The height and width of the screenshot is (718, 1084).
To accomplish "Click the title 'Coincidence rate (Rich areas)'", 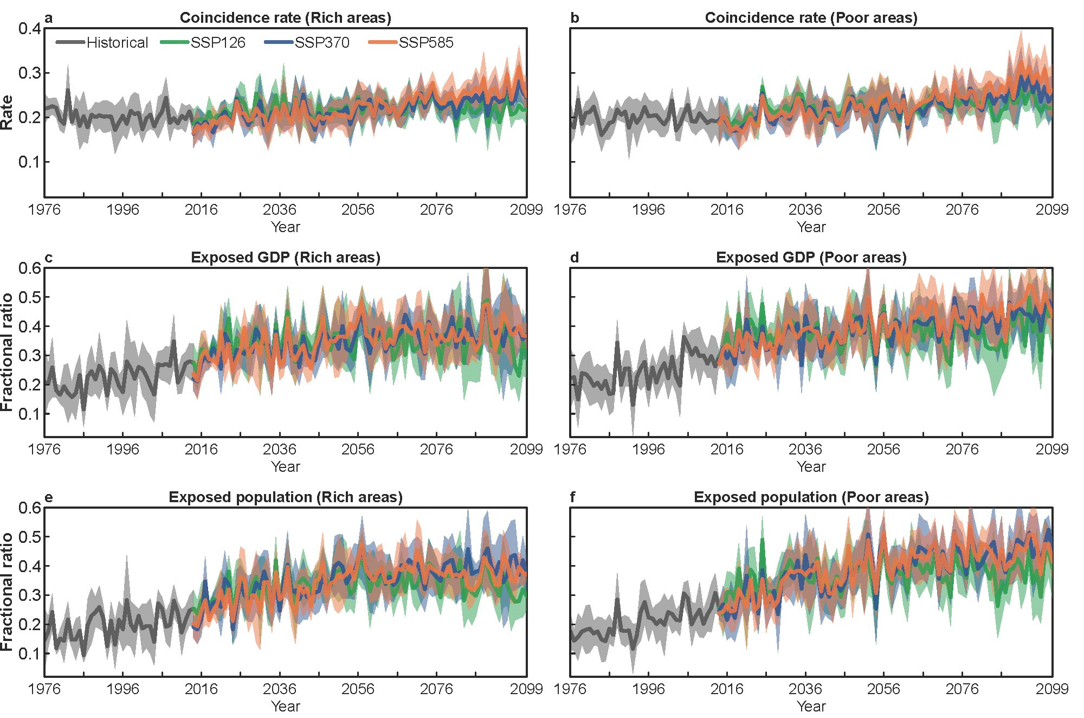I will [285, 18].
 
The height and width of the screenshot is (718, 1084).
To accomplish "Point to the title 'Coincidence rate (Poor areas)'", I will [811, 18].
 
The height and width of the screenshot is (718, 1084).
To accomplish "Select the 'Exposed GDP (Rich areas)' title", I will [285, 258].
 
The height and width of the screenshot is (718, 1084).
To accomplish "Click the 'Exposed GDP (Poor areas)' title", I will [811, 258].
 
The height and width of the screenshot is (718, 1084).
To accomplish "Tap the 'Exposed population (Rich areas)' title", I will [285, 497].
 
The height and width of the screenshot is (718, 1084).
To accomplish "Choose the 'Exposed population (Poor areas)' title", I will [811, 497].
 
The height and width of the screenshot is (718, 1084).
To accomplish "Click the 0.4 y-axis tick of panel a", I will [30, 29].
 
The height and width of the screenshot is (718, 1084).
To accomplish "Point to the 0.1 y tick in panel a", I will [30, 162].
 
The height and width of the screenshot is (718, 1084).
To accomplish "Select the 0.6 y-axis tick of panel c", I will [30, 268].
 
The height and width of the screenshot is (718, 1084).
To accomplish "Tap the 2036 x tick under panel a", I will [279, 210].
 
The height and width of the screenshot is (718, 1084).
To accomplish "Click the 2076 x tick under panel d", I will [962, 450].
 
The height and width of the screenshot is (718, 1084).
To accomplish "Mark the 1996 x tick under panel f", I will [648, 689].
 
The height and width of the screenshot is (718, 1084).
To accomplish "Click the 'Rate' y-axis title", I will [7, 112].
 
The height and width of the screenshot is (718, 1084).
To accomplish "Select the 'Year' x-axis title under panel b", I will [811, 227].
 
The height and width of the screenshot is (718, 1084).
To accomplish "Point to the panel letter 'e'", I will [49, 497].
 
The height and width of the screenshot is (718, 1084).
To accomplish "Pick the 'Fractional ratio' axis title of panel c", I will [7, 352].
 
